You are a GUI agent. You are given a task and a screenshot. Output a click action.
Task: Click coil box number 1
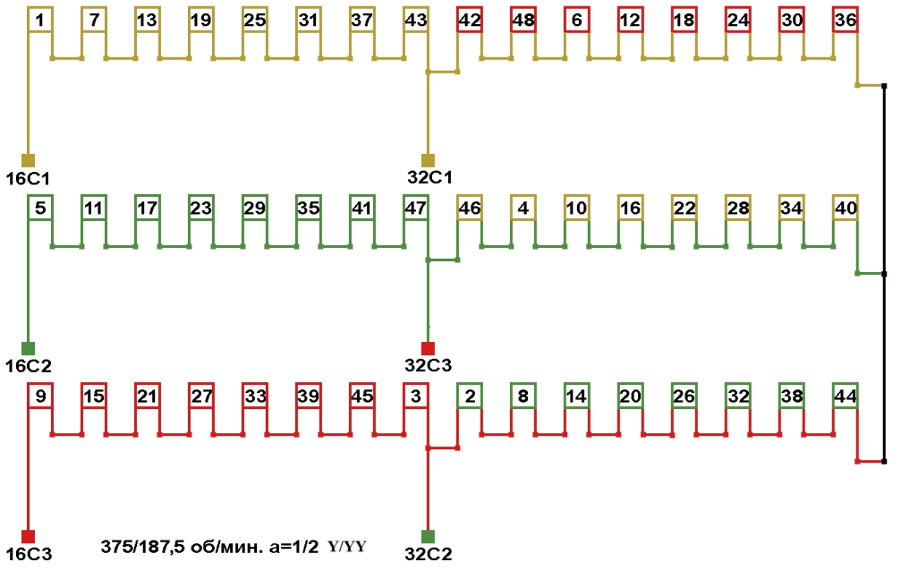coord(40,20)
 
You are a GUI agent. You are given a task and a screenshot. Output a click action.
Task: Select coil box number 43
coord(415,20)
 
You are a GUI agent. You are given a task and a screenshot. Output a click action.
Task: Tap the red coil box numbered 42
coord(469,20)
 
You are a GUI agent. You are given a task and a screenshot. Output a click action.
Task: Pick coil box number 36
coord(845,20)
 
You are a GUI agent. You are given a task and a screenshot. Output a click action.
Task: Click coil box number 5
coord(40,208)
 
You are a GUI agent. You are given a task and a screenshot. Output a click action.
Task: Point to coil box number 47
coord(415,208)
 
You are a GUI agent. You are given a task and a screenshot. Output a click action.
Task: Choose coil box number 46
coord(469,208)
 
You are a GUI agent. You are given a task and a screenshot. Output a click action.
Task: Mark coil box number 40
coord(845,208)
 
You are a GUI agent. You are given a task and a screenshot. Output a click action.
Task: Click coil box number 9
coord(40,396)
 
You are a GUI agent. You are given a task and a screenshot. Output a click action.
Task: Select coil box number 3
coord(415,396)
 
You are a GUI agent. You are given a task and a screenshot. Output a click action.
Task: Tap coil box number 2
coord(469,396)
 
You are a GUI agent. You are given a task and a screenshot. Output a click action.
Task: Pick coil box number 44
coord(845,396)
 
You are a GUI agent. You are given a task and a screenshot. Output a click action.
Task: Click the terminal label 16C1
coord(28,177)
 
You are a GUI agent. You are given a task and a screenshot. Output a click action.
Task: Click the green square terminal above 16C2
coord(28,347)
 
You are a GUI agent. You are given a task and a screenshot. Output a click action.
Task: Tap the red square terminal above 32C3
coord(428,347)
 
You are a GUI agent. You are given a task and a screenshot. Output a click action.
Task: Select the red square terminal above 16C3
coord(28,536)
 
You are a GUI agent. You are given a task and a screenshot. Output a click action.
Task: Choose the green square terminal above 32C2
coord(428,536)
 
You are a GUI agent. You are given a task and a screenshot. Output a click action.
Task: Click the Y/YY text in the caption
coord(347,547)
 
